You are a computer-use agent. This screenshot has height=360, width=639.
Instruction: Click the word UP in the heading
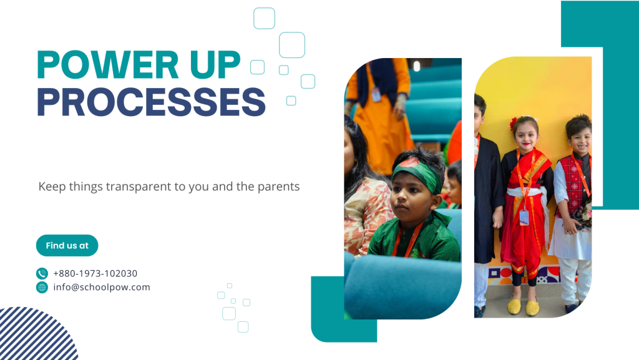[x=215, y=64]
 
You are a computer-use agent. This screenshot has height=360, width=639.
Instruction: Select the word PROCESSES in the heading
[x=151, y=102]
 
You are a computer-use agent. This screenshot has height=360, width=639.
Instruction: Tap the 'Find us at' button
[x=67, y=246]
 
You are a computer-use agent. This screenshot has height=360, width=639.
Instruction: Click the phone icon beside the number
[x=42, y=273]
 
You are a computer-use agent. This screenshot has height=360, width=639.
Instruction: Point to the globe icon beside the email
[x=42, y=287]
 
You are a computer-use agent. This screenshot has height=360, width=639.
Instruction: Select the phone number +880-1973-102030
[x=95, y=273]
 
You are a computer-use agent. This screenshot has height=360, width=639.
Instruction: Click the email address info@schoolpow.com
[x=102, y=287]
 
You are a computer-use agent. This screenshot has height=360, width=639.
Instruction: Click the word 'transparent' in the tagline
[x=139, y=187]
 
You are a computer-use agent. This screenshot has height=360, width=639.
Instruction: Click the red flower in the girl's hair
[x=513, y=123]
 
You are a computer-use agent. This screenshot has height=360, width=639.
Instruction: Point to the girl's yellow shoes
[x=523, y=306]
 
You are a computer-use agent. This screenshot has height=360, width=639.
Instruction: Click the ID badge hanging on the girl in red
[x=524, y=218]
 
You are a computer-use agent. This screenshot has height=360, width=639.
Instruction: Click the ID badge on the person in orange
[x=376, y=95]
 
